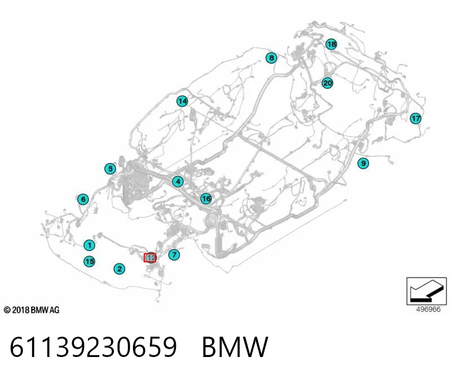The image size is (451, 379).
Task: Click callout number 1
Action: [x=89, y=245]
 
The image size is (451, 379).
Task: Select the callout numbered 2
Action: [x=120, y=269]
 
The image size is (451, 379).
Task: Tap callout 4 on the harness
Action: [x=178, y=182]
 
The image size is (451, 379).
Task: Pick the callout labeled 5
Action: [x=110, y=169]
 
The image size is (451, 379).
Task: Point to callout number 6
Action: [x=83, y=199]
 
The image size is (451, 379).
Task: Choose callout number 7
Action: [x=174, y=254]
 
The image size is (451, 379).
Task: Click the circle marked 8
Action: [x=271, y=58]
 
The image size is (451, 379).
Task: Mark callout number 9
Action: [x=363, y=164]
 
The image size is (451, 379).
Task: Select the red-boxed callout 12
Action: [x=150, y=258]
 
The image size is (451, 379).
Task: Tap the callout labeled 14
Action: [x=182, y=102]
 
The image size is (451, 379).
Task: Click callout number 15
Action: [x=89, y=261]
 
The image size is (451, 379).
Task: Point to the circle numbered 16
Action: [x=206, y=199]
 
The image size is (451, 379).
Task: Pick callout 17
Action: [x=415, y=118]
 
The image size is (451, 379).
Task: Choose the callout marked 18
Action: [x=331, y=44]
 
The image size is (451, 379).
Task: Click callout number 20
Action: [x=328, y=83]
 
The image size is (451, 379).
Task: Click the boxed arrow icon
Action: [x=427, y=291]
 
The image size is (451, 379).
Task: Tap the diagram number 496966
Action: [x=428, y=310]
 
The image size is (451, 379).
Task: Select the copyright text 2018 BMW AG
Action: [x=32, y=310]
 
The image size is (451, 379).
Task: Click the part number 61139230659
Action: [x=93, y=347]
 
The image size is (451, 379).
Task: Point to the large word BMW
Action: [x=235, y=347]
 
